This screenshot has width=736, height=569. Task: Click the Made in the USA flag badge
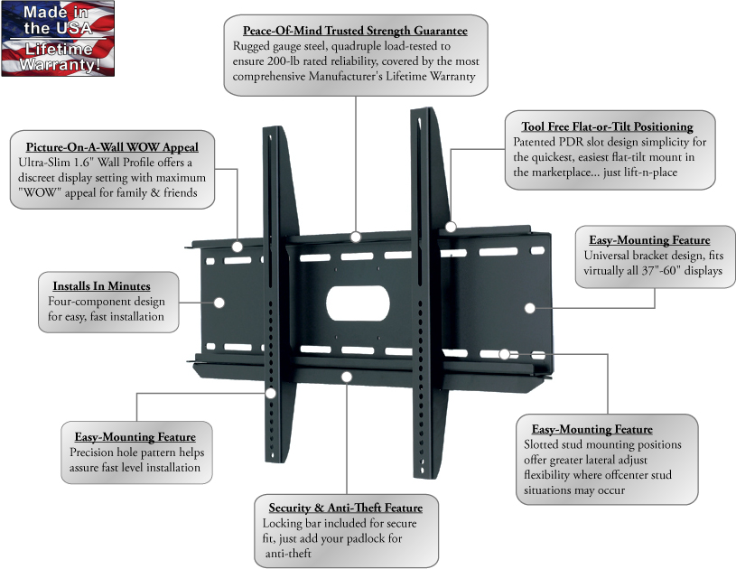tap(58, 39)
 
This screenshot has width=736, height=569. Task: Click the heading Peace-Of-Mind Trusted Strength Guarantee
tap(355, 31)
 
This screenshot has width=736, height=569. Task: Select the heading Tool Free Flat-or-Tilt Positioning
tap(608, 126)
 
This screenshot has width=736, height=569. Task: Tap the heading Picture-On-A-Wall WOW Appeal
tap(112, 147)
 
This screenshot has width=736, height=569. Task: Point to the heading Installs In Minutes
tap(101, 286)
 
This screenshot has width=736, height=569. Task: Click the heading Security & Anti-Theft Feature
tap(346, 508)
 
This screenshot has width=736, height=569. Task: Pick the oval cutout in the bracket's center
tap(358, 303)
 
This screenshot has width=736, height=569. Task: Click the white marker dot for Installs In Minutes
tap(219, 303)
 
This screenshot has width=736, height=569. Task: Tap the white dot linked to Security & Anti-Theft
tap(347, 377)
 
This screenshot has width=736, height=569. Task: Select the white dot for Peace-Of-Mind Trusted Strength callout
tap(356, 237)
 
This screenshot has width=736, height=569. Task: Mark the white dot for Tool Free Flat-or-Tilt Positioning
tap(451, 228)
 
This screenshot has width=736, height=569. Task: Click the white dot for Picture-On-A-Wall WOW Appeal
tap(238, 247)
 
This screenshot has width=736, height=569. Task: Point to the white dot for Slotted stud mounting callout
tap(505, 354)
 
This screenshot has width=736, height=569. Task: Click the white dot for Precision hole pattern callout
tap(271, 394)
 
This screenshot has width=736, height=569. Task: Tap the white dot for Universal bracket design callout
tap(530, 309)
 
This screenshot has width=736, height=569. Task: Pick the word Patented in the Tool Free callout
tap(534, 142)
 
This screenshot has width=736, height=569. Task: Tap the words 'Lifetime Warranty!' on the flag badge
tap(59, 57)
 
